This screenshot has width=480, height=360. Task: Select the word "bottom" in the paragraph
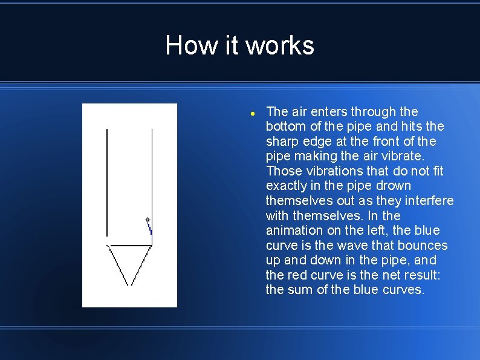pos(285,126)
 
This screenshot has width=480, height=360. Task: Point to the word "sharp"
pos(282,142)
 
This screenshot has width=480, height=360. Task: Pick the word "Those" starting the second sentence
pos(283,171)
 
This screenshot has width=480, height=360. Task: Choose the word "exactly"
pos(287,186)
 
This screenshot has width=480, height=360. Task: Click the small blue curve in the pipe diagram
pos(150,228)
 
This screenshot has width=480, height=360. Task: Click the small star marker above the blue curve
pos(147,219)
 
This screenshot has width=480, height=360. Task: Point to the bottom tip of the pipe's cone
pos(129,284)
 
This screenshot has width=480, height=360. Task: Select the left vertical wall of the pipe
pos(107,182)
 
